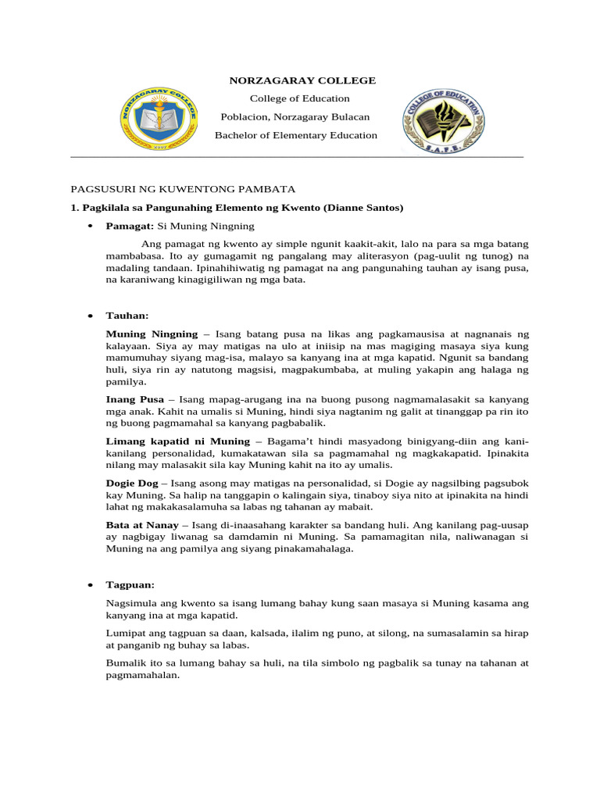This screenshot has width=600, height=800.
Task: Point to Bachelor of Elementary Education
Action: point(285,135)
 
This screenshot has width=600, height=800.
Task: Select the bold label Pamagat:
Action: point(130,227)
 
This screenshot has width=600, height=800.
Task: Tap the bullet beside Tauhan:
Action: point(91,316)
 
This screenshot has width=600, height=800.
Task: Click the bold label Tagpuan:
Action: point(130,584)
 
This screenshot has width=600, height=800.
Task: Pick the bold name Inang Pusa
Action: point(135,399)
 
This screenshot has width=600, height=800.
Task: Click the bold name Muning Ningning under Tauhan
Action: point(152,334)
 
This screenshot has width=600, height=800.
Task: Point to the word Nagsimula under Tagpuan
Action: point(132,603)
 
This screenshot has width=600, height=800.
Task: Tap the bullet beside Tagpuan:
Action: point(91,585)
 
